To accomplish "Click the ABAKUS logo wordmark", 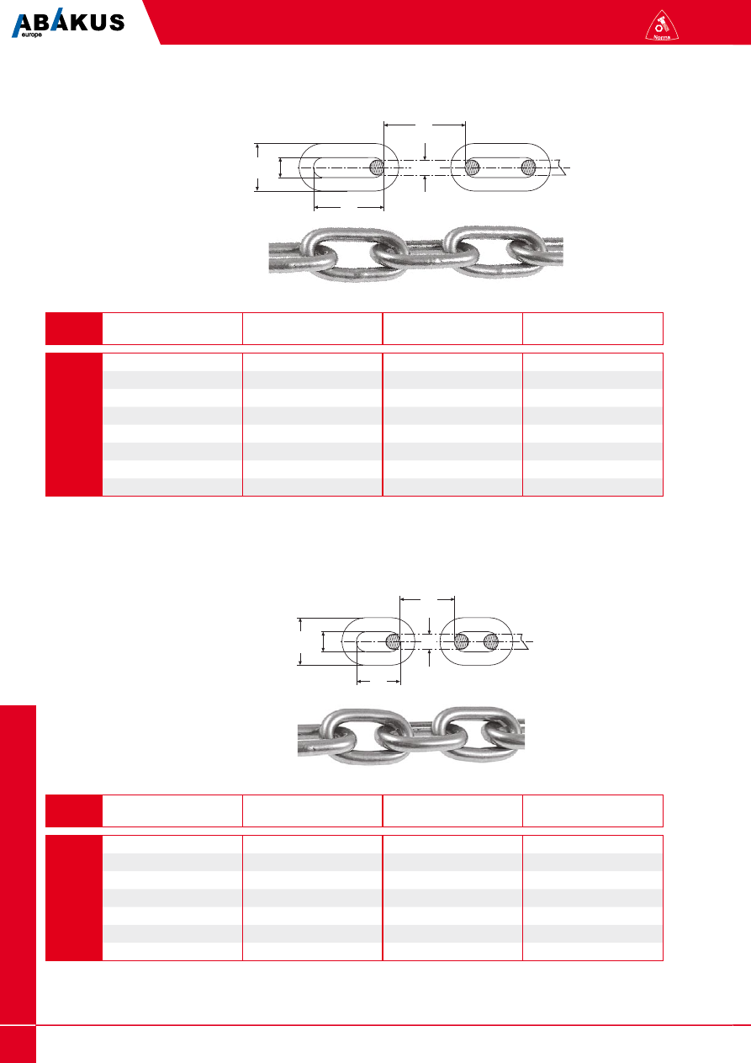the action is (68, 23).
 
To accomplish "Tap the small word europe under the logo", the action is (31, 35).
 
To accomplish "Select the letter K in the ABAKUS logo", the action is (82, 23).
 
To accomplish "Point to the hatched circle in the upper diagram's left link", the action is (378, 167).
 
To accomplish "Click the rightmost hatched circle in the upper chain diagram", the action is (529, 167).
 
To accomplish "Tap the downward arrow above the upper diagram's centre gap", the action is (426, 151).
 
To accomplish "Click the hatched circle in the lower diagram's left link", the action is (393, 641).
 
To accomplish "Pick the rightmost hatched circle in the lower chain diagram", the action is (491, 641).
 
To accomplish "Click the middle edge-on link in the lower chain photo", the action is (421, 738).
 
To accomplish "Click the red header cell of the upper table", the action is (74, 328).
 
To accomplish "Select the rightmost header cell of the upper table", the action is (593, 328).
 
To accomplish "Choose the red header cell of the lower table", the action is (74, 811).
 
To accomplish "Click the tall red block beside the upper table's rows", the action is (74, 425).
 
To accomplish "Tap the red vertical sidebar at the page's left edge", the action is (18, 884).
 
